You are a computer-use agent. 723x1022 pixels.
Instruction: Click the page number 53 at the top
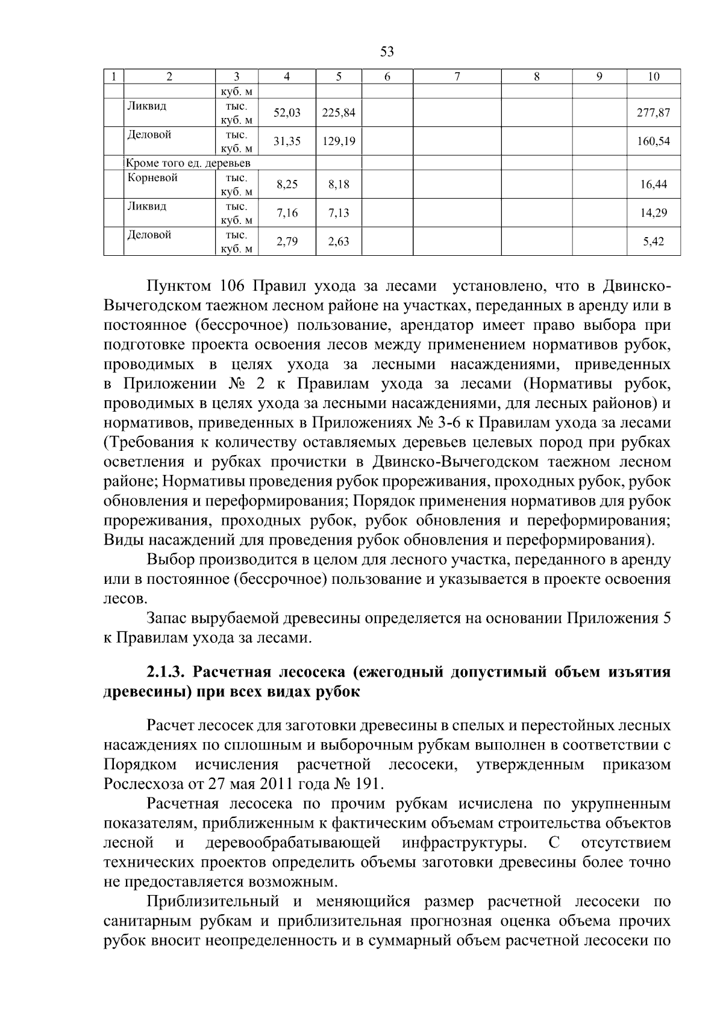click(x=387, y=52)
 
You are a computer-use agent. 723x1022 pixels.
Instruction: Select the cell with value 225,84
click(x=339, y=113)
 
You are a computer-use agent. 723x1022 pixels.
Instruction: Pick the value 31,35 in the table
click(x=287, y=141)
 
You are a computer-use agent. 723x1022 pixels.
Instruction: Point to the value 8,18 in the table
click(x=339, y=185)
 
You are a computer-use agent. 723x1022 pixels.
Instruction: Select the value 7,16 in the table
click(x=287, y=213)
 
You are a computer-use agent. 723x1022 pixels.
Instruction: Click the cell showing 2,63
click(x=339, y=242)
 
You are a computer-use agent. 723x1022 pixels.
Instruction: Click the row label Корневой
click(x=152, y=178)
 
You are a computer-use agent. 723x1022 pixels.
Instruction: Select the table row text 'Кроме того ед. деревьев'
click(x=187, y=163)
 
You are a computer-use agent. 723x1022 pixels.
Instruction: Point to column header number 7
click(x=457, y=76)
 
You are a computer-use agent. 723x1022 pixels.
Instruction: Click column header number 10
click(x=654, y=76)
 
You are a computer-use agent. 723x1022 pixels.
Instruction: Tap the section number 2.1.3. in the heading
click(x=172, y=672)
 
